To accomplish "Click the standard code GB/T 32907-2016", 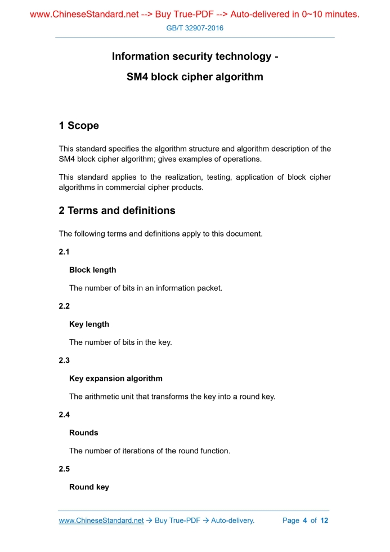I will click(x=195, y=28).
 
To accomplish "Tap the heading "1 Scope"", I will click(x=79, y=126).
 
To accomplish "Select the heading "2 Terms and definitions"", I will click(x=117, y=211).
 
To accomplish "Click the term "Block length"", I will click(x=92, y=270).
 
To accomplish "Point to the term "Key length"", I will click(x=89, y=324).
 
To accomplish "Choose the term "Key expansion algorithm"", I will click(x=115, y=379).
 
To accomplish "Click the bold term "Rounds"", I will click(x=83, y=433).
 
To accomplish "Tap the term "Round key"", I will click(x=89, y=487).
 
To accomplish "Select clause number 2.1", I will click(x=64, y=252).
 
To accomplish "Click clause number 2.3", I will click(x=64, y=360).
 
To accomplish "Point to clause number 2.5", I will click(x=64, y=469).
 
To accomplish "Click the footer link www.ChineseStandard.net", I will click(x=101, y=520).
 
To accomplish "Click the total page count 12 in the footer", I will click(x=324, y=520).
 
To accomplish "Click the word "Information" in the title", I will click(x=141, y=56).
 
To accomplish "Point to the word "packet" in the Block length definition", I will click(x=208, y=288).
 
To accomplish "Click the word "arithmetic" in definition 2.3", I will click(x=101, y=397).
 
